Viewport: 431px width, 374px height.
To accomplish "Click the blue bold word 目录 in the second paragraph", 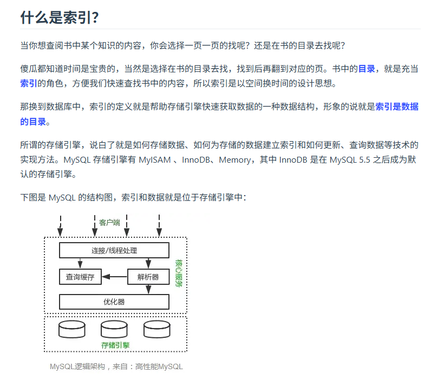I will tap(367, 69).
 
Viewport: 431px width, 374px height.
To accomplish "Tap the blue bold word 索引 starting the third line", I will tap(28, 83).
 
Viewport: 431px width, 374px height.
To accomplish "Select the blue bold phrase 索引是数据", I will tap(397, 106).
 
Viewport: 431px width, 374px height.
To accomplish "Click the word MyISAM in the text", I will tap(155, 160).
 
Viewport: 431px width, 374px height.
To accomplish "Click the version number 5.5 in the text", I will tap(369, 160).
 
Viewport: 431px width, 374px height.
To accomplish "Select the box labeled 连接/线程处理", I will tap(114, 250).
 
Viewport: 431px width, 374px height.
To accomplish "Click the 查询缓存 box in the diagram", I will tap(80, 277).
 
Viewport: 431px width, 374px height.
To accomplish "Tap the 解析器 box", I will tap(148, 277).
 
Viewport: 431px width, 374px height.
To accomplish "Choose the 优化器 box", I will tap(114, 302).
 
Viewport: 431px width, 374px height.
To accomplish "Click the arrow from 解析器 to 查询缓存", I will tap(114, 277).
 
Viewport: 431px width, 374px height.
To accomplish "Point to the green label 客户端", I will tap(109, 222).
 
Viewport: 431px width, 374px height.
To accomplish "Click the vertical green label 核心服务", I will tap(179, 273).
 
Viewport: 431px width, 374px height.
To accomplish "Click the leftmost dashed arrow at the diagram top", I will tap(60, 225).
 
